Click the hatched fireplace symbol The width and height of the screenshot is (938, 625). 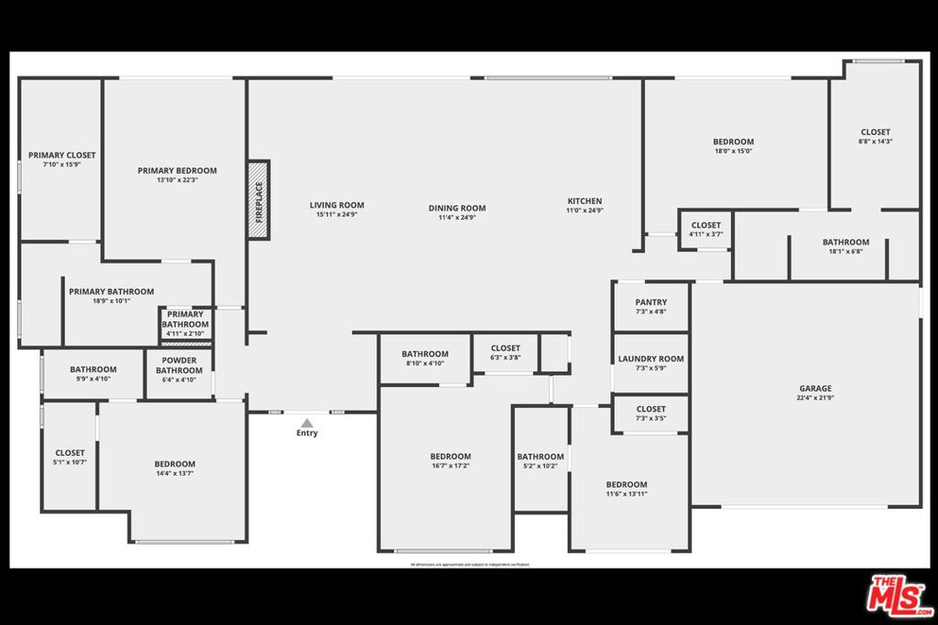[258, 200]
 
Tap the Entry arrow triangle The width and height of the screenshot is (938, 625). [307, 423]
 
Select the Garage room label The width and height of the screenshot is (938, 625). [815, 389]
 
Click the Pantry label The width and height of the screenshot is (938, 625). [650, 303]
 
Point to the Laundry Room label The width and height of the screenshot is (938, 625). [650, 360]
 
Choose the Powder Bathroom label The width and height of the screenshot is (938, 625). [179, 365]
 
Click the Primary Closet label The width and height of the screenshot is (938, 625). [61, 156]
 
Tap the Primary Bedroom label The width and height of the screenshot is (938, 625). [177, 171]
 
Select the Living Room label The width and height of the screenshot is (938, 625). [337, 206]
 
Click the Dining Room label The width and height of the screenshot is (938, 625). [457, 209]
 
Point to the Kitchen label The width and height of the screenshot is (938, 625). [584, 201]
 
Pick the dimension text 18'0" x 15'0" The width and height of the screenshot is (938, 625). [733, 152]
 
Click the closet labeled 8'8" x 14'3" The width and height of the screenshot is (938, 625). [875, 136]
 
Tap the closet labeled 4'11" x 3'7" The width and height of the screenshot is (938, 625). [705, 230]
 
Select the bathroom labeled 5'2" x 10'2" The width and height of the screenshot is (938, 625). [540, 461]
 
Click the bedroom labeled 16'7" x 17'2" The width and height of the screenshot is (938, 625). [450, 461]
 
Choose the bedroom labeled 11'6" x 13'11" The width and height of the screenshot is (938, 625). [627, 490]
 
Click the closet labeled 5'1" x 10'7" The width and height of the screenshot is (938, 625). [70, 458]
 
